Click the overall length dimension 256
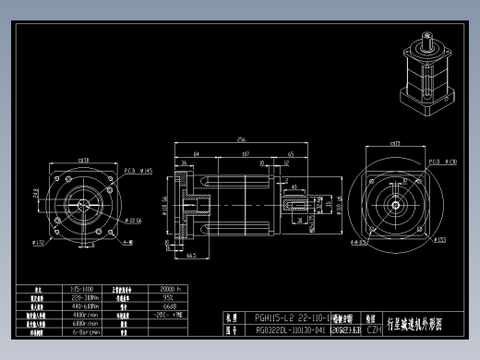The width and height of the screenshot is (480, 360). click(241, 138)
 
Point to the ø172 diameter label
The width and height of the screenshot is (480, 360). click(38, 242)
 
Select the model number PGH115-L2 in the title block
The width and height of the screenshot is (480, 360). click(278, 317)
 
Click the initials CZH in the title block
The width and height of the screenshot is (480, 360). click(374, 329)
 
